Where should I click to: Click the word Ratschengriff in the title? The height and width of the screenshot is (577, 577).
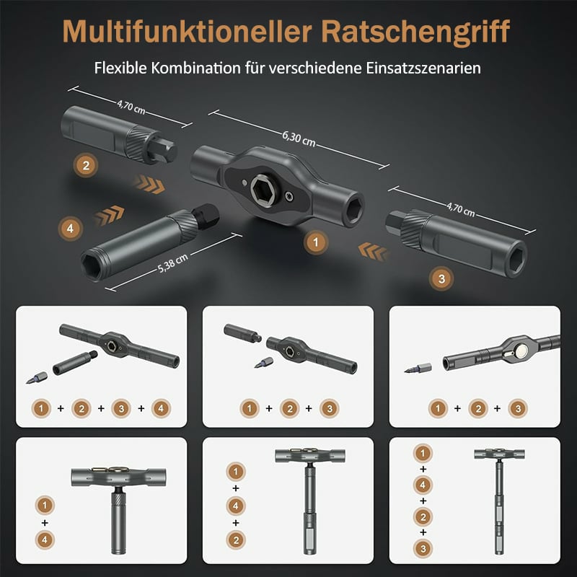click(x=415, y=32)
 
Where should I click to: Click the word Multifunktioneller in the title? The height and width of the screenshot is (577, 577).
click(x=187, y=31)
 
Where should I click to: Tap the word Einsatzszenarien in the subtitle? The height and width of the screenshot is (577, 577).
click(x=423, y=68)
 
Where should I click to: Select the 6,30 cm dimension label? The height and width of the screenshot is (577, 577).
click(x=299, y=138)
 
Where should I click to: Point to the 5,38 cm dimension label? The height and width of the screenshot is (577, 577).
click(x=173, y=263)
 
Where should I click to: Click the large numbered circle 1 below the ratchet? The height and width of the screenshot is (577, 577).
click(x=316, y=242)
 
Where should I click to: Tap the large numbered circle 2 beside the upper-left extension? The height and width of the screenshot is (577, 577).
click(x=86, y=165)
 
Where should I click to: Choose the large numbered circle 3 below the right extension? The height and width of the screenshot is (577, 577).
click(x=441, y=278)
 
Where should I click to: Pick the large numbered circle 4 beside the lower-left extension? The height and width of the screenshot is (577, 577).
click(x=70, y=229)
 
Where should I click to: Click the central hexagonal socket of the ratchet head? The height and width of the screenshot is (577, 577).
click(x=264, y=190)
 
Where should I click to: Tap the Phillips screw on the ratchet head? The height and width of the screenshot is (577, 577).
click(x=290, y=197)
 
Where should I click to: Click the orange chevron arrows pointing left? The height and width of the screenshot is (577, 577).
click(x=373, y=251)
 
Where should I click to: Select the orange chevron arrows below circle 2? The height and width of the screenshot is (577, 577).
click(x=149, y=185)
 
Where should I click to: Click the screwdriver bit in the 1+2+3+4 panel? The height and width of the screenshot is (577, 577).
click(x=37, y=378)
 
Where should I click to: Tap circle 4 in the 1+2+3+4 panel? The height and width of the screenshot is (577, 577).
click(x=161, y=408)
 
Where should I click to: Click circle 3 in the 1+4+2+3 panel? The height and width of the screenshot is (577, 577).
click(x=423, y=549)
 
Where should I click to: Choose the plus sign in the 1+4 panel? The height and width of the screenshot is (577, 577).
click(x=45, y=522)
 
